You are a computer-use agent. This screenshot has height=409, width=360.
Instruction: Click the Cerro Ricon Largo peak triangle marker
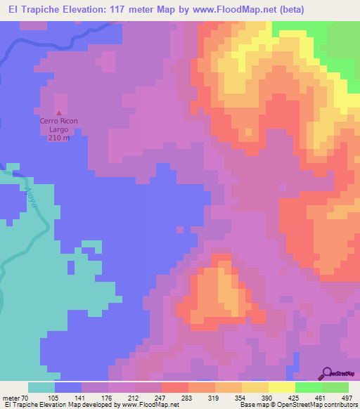tap(58, 113)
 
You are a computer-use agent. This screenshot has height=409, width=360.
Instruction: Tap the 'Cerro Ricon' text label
tap(58, 122)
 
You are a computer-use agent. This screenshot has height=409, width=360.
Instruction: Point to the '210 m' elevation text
tap(58, 138)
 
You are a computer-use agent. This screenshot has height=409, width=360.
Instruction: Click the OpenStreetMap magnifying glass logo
tap(328, 373)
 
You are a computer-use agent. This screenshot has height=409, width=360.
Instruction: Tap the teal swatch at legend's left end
tap(41, 387)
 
